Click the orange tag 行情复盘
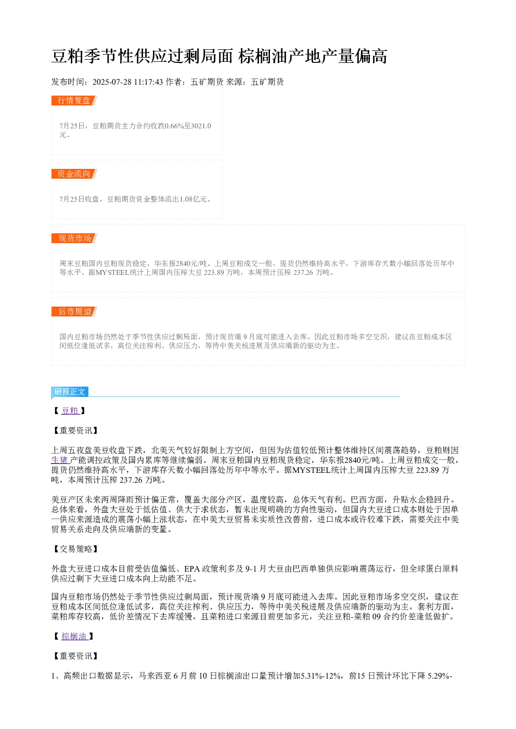pos(74,100)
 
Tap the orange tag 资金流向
pos(74,174)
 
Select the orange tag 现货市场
pos(74,238)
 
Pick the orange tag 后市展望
pos(74,311)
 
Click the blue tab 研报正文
pos(70,391)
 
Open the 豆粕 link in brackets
pos(70,410)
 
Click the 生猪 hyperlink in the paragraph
pos(60,460)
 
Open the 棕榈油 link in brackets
pos(74,636)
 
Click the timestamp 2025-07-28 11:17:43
pos(127,82)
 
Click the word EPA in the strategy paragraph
pos(192,568)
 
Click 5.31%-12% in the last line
pos(320,676)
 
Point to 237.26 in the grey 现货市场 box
pos(303,272)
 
